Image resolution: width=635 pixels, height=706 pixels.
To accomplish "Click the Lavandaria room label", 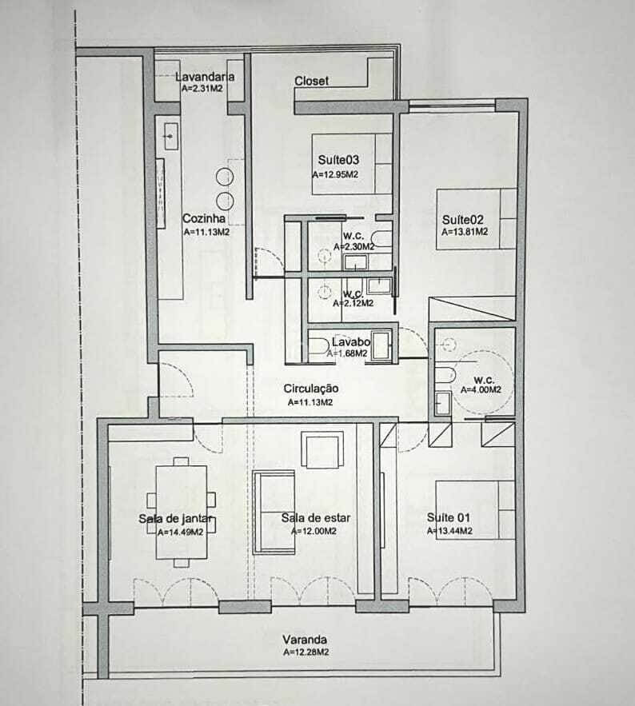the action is tap(205, 77).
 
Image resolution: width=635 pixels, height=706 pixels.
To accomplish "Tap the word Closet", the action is tap(311, 81).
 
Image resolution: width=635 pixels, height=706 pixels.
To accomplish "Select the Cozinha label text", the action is tap(204, 219).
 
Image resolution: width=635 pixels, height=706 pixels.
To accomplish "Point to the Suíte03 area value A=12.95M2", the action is tap(336, 174).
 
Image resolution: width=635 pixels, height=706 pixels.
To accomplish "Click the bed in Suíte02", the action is tap(476, 219).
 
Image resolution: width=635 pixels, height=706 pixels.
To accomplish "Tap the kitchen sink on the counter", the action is tap(170, 135).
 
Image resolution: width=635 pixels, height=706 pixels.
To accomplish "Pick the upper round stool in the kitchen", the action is tap(225, 177).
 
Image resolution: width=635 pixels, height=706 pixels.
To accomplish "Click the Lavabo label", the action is tap(351, 341).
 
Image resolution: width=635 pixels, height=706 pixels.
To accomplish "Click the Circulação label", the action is tap(311, 388).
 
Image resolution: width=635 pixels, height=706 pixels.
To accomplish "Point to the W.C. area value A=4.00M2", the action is tap(481, 390).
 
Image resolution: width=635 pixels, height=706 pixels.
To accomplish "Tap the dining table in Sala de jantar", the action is tap(182, 513).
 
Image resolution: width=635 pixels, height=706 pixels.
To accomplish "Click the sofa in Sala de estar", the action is tap(274, 512).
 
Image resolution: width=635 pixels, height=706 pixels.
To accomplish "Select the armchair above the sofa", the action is tap(322, 450).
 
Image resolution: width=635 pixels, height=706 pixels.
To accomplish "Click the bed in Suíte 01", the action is tap(475, 509).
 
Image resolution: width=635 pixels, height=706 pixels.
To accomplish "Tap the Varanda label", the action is tap(305, 640).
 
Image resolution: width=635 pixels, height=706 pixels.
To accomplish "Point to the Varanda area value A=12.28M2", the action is tap(306, 652).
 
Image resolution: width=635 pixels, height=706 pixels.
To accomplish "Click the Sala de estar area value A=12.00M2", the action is tap(314, 532).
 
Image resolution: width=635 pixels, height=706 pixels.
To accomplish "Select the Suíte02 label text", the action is tap(462, 220).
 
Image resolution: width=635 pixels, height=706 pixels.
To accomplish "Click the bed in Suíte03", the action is tap(352, 164).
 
